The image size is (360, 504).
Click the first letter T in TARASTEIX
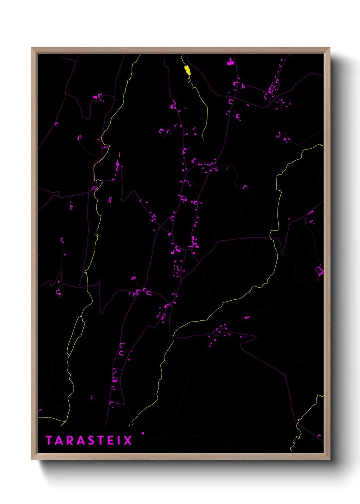[49, 440]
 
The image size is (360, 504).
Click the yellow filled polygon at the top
[187, 70]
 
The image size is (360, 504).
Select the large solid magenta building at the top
[230, 62]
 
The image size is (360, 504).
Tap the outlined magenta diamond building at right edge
[319, 271]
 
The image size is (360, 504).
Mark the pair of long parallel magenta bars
[110, 200]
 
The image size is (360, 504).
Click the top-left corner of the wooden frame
[32, 48]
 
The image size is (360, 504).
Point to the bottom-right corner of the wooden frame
[329, 459]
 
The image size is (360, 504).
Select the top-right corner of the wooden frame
[329, 48]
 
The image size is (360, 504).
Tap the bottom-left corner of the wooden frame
[32, 459]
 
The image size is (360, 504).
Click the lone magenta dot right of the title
[143, 433]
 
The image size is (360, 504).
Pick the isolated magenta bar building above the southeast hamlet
[247, 318]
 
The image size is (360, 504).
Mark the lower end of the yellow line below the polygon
[203, 140]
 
